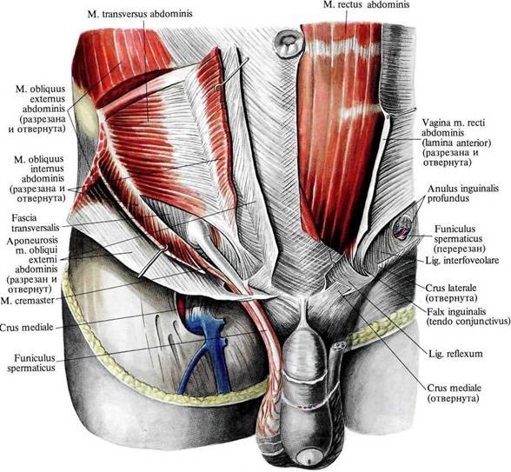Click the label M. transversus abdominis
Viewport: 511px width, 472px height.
(140, 14)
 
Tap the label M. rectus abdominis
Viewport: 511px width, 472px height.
(367, 4)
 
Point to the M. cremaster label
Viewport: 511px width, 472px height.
(28, 301)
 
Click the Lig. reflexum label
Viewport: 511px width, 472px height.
(455, 353)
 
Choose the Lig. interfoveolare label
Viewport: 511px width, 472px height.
(462, 261)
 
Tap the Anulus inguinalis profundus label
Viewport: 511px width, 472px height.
(463, 193)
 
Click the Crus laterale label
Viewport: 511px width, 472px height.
(451, 289)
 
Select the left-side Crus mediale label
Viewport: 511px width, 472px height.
(27, 327)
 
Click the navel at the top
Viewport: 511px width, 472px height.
(289, 43)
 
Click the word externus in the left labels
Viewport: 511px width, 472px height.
(43, 99)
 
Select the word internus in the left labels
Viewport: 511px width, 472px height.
(43, 169)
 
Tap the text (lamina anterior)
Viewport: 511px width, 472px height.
(456, 143)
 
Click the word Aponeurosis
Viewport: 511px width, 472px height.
(32, 240)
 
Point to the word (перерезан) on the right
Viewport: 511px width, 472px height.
(460, 249)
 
